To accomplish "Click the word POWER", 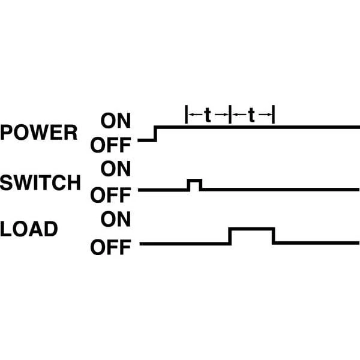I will (x=39, y=133).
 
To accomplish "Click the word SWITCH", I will (x=41, y=182).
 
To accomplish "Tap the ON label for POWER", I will (x=115, y=121).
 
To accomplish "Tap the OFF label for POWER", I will (x=110, y=146).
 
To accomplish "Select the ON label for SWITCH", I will (x=115, y=170).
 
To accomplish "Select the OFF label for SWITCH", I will (x=110, y=196).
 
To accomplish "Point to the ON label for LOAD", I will (x=115, y=220).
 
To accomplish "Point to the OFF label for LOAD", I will (x=110, y=247).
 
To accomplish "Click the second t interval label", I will (x=252, y=115).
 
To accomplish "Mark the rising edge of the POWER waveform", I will (x=156, y=134).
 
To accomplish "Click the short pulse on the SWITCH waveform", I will (x=194, y=181).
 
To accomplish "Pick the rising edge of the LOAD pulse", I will (x=230, y=236).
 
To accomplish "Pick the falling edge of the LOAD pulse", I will (x=274, y=236).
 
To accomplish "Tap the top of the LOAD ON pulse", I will (x=252, y=229).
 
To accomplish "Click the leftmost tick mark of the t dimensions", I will (x=187, y=114).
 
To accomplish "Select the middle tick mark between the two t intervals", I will (x=230, y=114).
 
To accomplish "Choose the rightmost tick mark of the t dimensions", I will (x=274, y=114).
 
